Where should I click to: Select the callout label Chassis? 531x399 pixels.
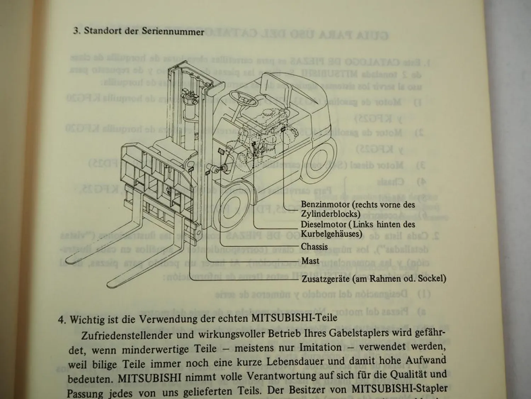pyautogui.click(x=314, y=246)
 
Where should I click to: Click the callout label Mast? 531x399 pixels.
pyautogui.click(x=310, y=261)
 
